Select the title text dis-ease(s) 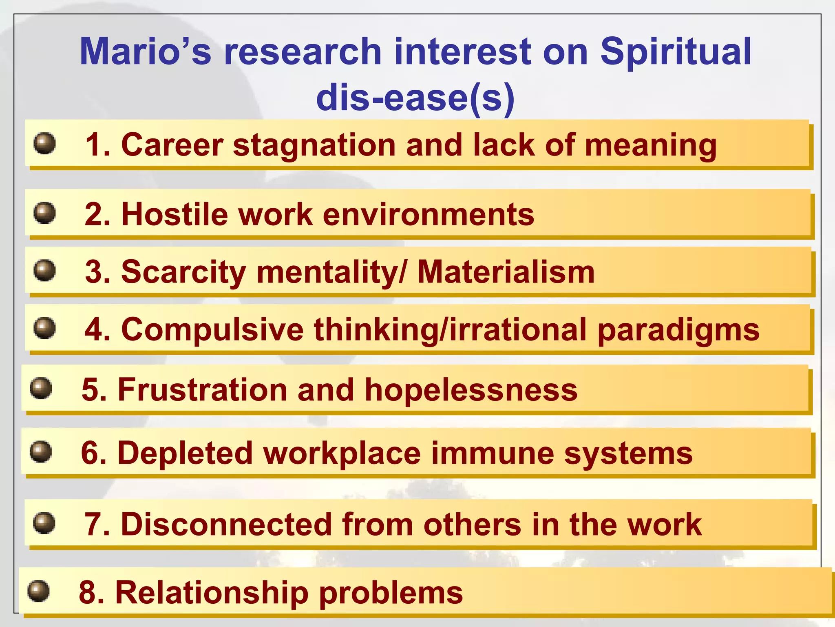tap(415, 98)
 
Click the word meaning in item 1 tap(651, 146)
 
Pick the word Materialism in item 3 tap(506, 272)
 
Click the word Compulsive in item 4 tap(212, 329)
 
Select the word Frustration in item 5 tap(203, 389)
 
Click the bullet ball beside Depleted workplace tap(41, 452)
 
